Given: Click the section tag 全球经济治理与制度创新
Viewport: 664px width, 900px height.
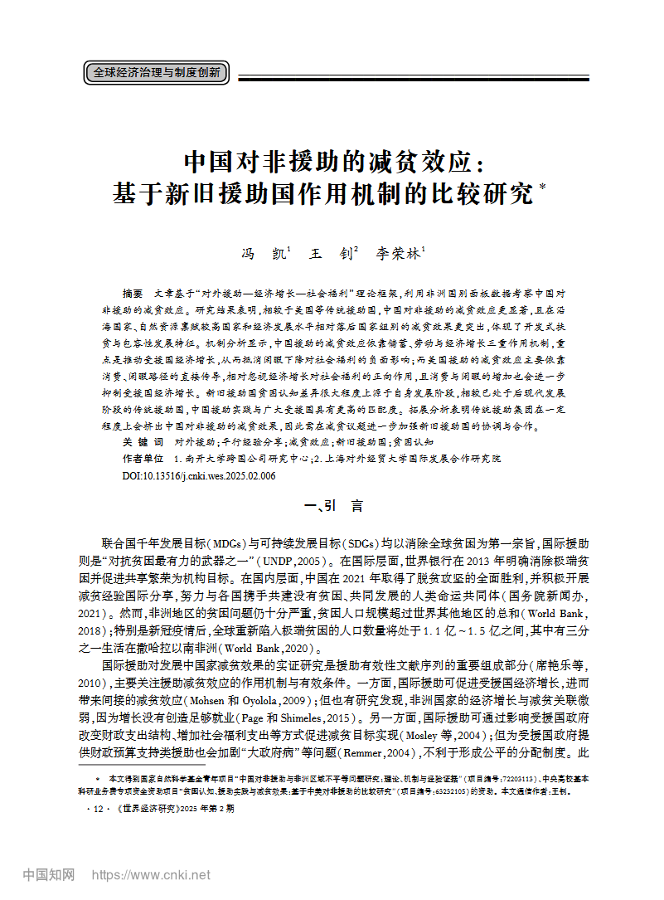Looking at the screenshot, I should pyautogui.click(x=156, y=73).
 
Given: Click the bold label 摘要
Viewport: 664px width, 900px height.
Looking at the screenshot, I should pyautogui.click(x=132, y=294).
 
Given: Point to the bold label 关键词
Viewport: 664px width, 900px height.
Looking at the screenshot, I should pyautogui.click(x=143, y=442).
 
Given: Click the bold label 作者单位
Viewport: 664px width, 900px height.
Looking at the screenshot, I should pyautogui.click(x=143, y=459).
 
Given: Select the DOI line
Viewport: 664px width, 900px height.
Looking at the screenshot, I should pyautogui.click(x=199, y=476).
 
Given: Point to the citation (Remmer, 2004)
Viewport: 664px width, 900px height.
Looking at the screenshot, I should pyautogui.click(x=388, y=752).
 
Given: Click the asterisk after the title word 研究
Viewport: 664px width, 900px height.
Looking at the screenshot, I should pyautogui.click(x=542, y=188).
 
